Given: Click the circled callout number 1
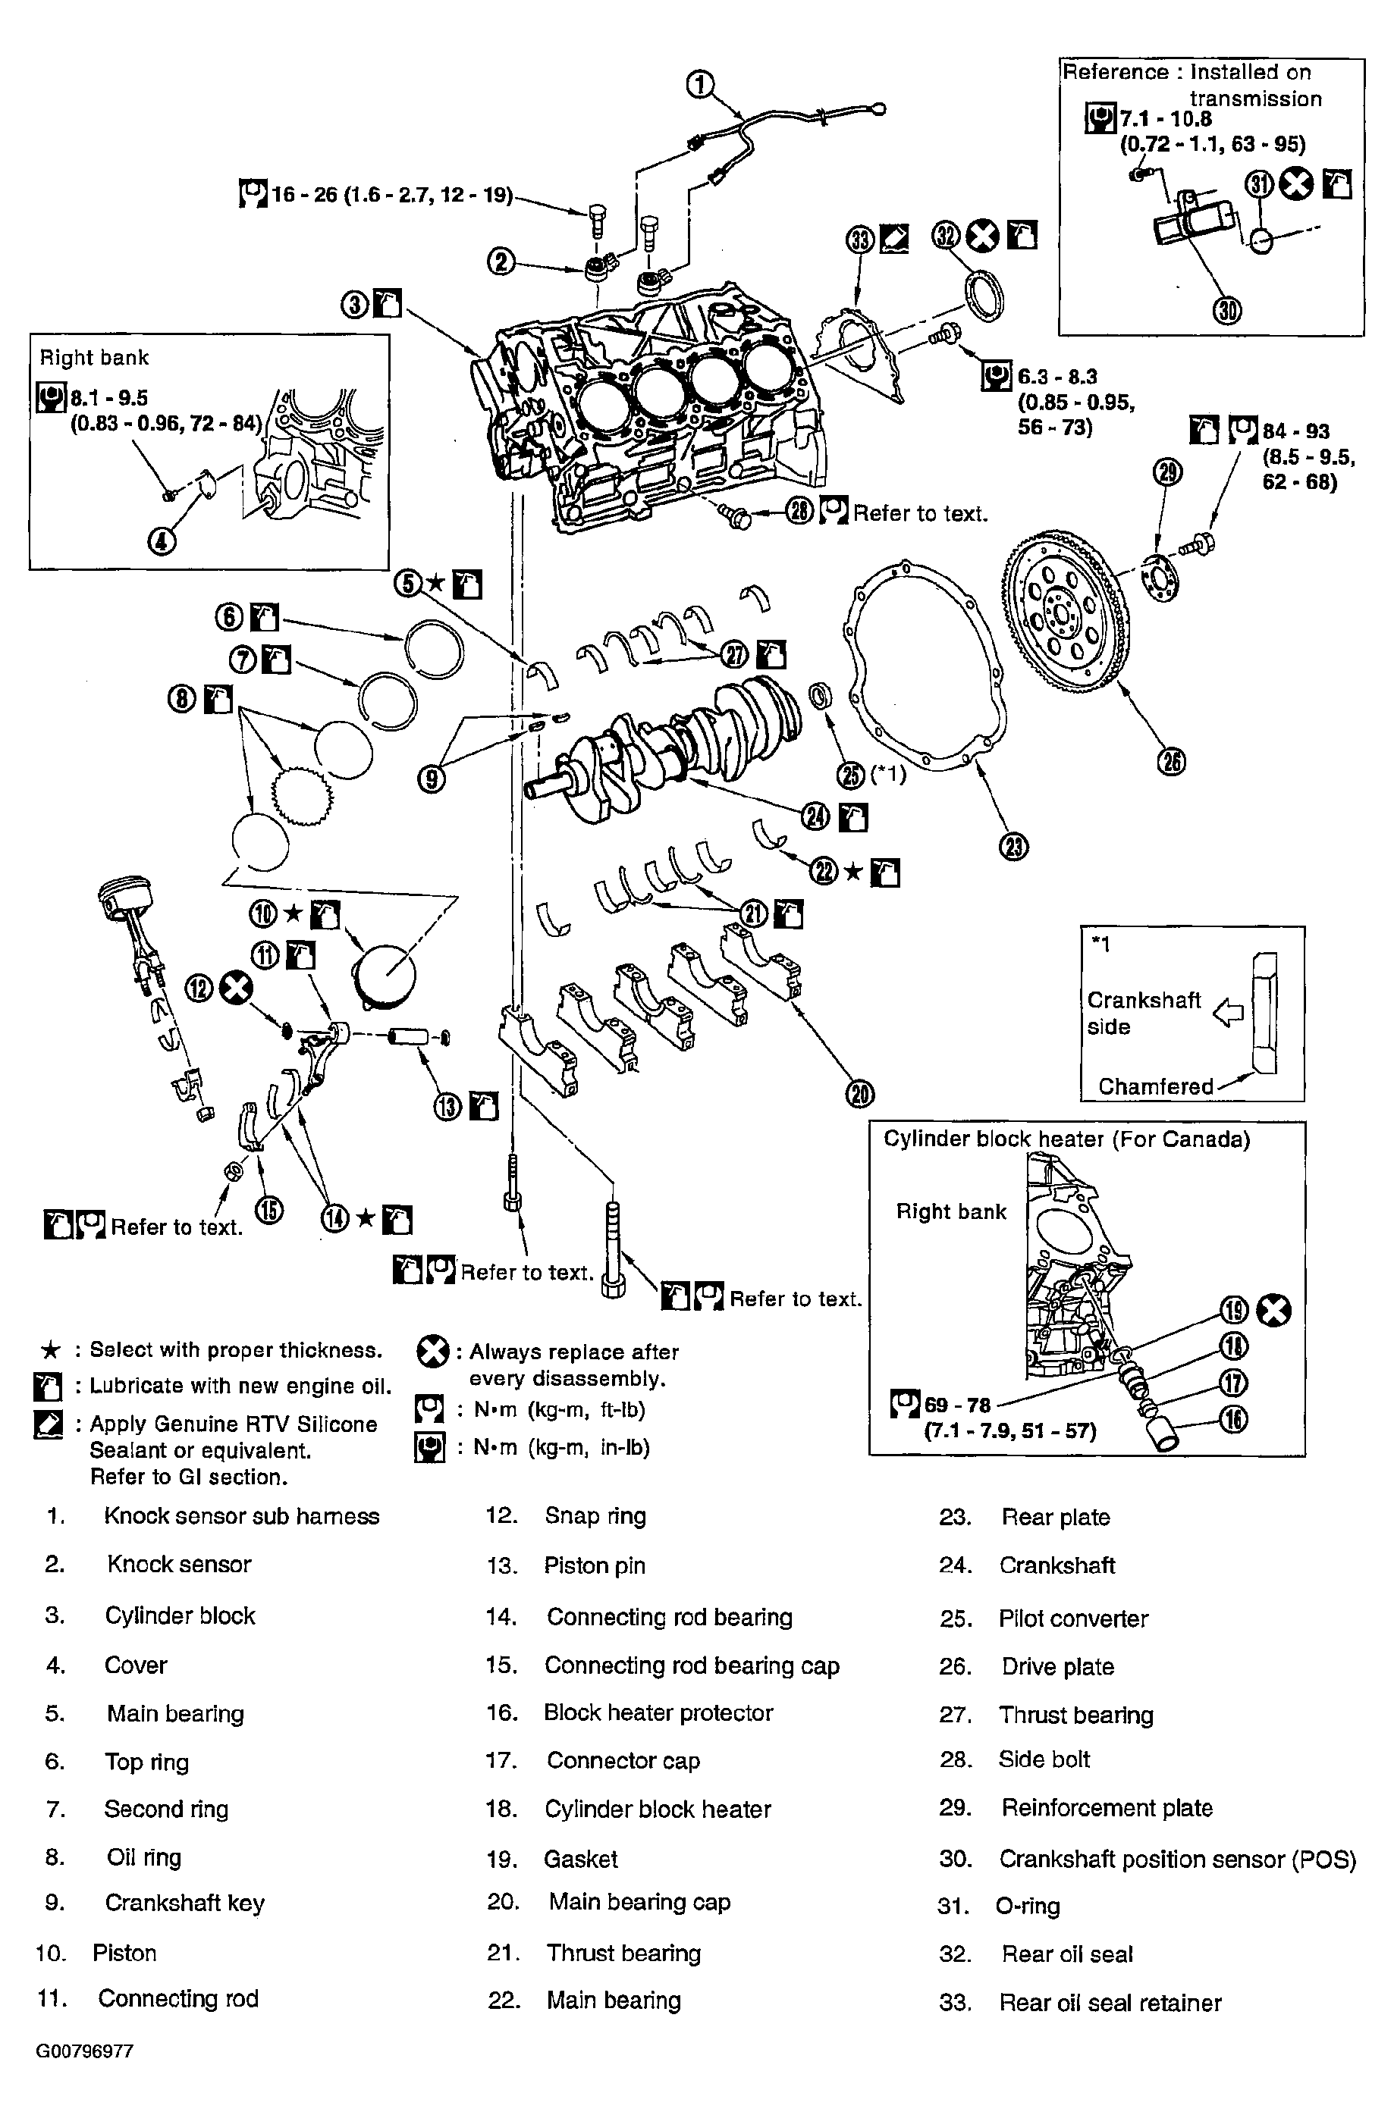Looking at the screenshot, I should [x=700, y=84].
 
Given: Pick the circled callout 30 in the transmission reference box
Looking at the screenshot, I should [x=1229, y=310].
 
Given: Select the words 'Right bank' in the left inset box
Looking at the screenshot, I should [x=94, y=358].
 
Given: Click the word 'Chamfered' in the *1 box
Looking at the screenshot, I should [x=1155, y=1086].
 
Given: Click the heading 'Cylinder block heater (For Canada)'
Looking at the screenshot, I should [x=1066, y=1139].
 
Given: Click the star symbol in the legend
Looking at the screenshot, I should [x=51, y=1351].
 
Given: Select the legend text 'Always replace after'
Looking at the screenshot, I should [x=573, y=1352].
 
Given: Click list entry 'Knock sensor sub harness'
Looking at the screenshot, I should [x=241, y=1516].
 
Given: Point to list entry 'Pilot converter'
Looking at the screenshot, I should [x=1073, y=1618].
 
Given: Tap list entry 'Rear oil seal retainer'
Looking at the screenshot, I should [x=1110, y=2002].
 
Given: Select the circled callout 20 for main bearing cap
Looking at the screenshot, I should [x=859, y=1094].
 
